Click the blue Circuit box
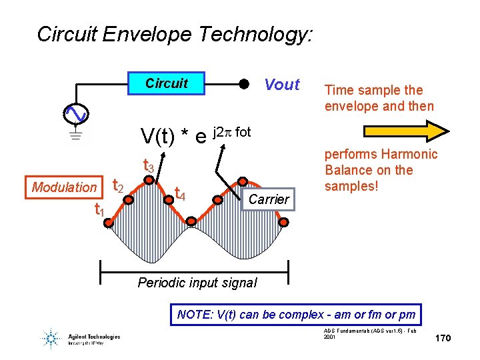click(x=166, y=83)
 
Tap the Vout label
click(x=282, y=85)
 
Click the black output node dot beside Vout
click(x=244, y=85)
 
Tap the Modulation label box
click(x=64, y=187)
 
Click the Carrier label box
click(x=268, y=199)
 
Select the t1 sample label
click(x=99, y=211)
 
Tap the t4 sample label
click(x=179, y=194)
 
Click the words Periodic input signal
click(x=197, y=283)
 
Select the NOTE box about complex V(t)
click(x=296, y=314)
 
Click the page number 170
click(x=443, y=339)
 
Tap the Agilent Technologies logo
click(x=80, y=339)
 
